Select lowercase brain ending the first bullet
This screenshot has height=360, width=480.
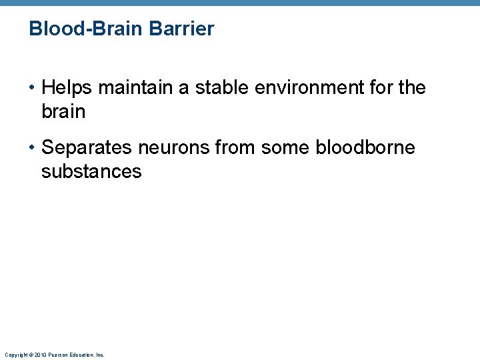point(63,111)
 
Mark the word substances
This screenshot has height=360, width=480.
point(91,172)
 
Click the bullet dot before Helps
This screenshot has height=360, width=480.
point(33,88)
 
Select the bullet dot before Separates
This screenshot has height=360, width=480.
point(33,148)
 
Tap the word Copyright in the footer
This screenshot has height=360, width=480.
point(13,355)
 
